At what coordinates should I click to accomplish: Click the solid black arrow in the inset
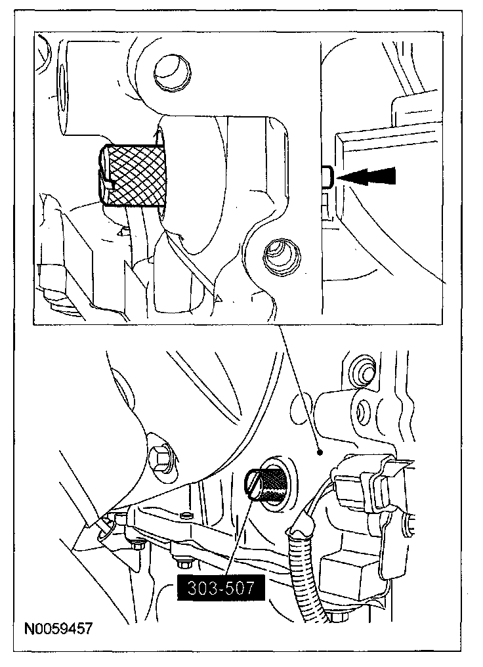point(371,176)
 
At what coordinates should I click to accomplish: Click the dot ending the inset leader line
point(319,452)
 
